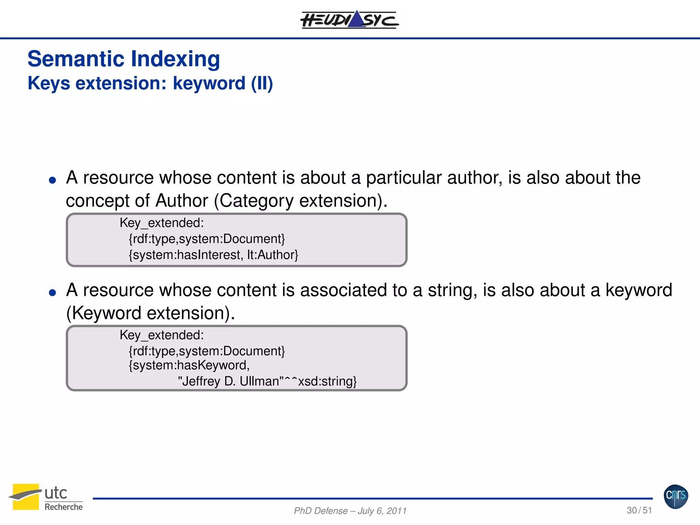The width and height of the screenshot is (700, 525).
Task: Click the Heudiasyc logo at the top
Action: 349,20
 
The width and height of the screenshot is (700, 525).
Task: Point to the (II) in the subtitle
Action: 262,83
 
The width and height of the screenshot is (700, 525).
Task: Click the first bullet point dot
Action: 52,180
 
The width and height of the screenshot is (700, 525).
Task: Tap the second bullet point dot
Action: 52,293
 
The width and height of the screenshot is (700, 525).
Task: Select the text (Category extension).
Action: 300,201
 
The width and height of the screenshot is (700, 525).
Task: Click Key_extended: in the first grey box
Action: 162,223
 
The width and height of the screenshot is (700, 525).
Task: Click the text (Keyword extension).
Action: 150,313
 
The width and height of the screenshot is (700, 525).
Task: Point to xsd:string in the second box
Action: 327,381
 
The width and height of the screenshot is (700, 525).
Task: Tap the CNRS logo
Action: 676,496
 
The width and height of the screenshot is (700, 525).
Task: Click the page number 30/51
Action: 639,510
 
